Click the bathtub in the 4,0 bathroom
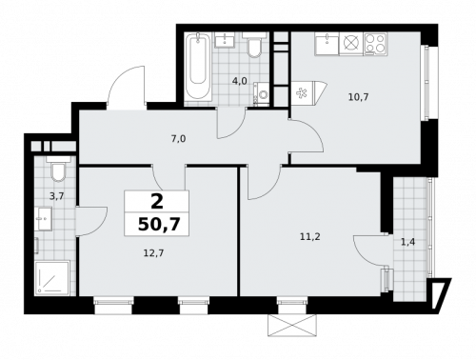pos(199,68)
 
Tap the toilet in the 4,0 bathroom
pos(254,50)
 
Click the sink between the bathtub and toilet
pos(227,41)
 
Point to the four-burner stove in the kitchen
pos(373,42)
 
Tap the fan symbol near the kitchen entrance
pos(304,92)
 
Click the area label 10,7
pos(359,96)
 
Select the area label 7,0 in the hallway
pos(178,139)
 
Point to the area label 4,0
pos(240,81)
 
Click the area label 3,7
pos(55,195)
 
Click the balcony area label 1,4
pos(407,242)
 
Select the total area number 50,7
pos(156,225)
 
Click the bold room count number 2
pos(156,201)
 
